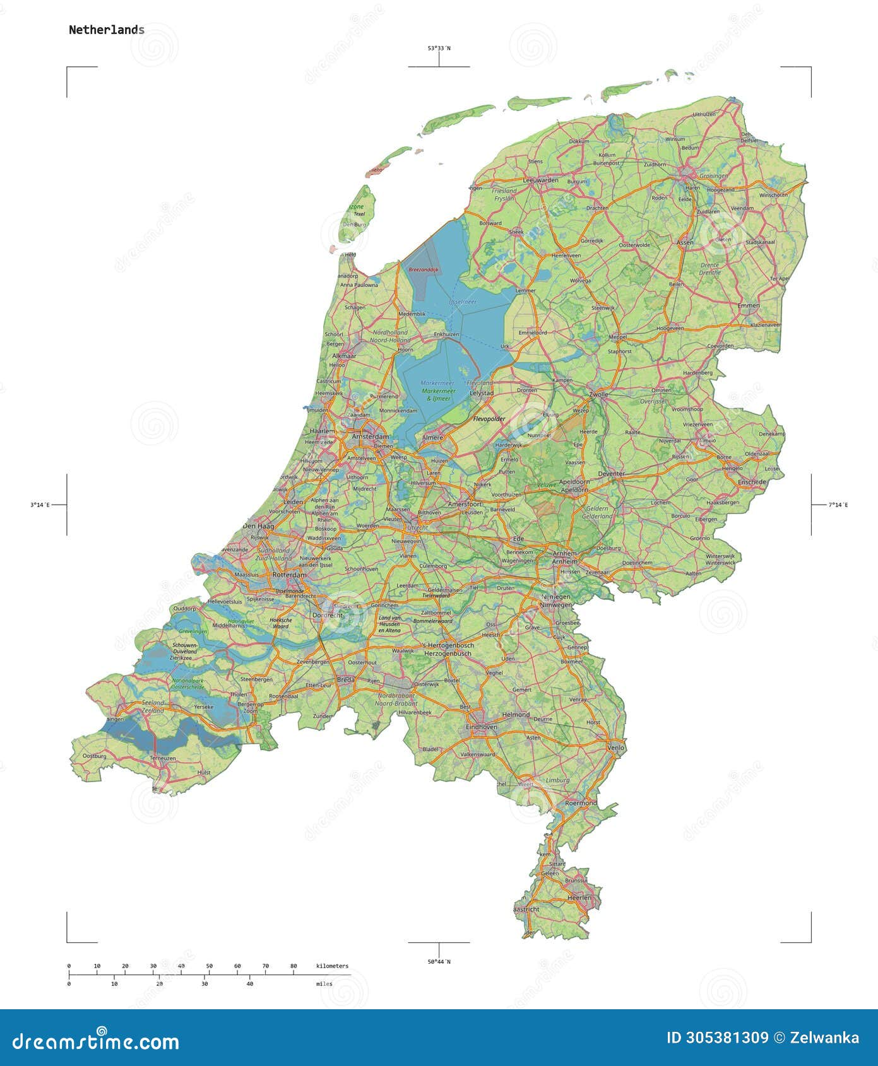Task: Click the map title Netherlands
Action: click(106, 30)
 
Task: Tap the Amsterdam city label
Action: click(371, 436)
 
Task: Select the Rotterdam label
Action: click(289, 575)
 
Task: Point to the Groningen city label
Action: click(713, 176)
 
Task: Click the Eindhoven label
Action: click(481, 727)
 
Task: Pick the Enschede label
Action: click(751, 481)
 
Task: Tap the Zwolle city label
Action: click(598, 394)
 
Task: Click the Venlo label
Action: click(615, 747)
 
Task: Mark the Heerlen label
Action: click(579, 897)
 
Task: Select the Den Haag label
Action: click(258, 525)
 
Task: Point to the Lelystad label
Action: click(482, 392)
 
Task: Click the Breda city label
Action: click(345, 679)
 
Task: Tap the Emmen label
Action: click(749, 305)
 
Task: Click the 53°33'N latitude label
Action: click(439, 48)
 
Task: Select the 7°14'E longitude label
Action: click(838, 505)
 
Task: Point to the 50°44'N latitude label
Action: click(439, 961)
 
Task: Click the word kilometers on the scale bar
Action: click(332, 966)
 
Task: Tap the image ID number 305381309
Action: click(718, 1038)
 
